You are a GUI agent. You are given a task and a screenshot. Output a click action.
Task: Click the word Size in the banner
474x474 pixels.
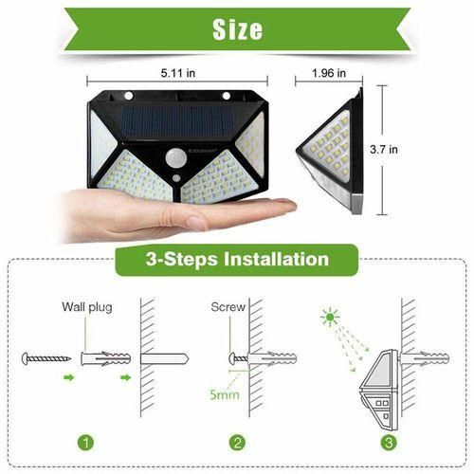236,29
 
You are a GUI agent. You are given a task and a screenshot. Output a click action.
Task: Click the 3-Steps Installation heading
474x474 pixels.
237,259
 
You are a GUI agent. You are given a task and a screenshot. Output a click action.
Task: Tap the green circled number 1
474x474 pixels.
85,443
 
